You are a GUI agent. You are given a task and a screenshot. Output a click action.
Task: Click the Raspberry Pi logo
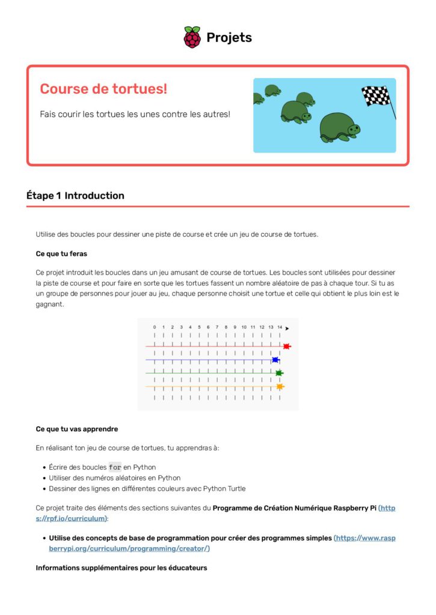192,37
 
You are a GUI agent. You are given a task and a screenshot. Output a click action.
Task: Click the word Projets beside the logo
229,37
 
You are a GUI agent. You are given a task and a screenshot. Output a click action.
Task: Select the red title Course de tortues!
103,89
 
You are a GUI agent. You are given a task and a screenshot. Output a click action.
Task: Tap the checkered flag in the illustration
376,95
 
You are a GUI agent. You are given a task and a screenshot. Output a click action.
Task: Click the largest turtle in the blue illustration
339,128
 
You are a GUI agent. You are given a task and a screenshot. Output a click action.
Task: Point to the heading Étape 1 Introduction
75,195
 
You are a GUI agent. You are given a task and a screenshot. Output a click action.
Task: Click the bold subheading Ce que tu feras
61,253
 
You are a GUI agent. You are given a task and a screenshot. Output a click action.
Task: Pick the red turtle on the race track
287,347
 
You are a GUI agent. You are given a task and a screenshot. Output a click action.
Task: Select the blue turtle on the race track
275,360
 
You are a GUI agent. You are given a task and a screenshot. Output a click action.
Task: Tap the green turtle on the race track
279,373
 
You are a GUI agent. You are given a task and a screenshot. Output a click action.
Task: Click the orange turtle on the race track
280,387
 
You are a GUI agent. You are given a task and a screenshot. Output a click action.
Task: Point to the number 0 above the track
155,327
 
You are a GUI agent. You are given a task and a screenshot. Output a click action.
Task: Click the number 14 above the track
280,327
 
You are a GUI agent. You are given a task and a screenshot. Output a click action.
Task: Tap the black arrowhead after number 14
287,328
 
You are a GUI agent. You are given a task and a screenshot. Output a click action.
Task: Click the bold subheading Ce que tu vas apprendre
77,429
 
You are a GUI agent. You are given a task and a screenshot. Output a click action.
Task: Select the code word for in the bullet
115,467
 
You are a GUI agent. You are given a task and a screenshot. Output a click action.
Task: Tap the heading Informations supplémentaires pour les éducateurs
121,568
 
